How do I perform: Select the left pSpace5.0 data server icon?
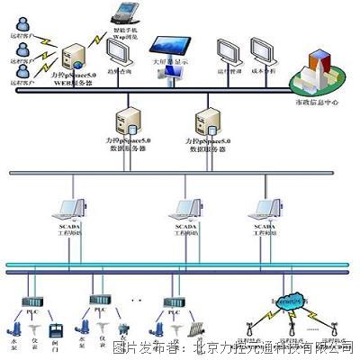coord(125,120)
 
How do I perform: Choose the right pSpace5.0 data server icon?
coord(204,120)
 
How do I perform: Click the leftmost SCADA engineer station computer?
coord(74,211)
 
